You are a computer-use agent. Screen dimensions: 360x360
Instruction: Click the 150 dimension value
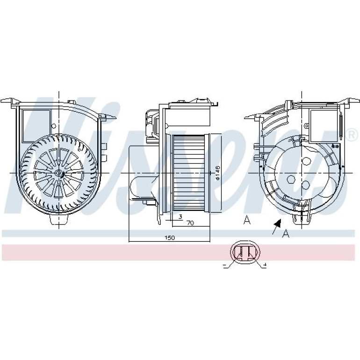coord(169,238)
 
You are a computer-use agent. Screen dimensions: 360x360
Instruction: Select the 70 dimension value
coord(190,223)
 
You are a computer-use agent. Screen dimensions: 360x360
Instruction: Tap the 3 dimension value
coord(180,216)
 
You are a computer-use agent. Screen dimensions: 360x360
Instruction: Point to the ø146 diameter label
coord(217,173)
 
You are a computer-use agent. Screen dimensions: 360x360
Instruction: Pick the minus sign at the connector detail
coord(224,266)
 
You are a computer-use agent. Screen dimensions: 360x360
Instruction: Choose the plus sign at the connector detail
coord(265,266)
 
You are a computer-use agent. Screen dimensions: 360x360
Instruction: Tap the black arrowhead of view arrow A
coord(278,223)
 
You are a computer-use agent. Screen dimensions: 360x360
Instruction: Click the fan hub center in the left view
coord(59,173)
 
